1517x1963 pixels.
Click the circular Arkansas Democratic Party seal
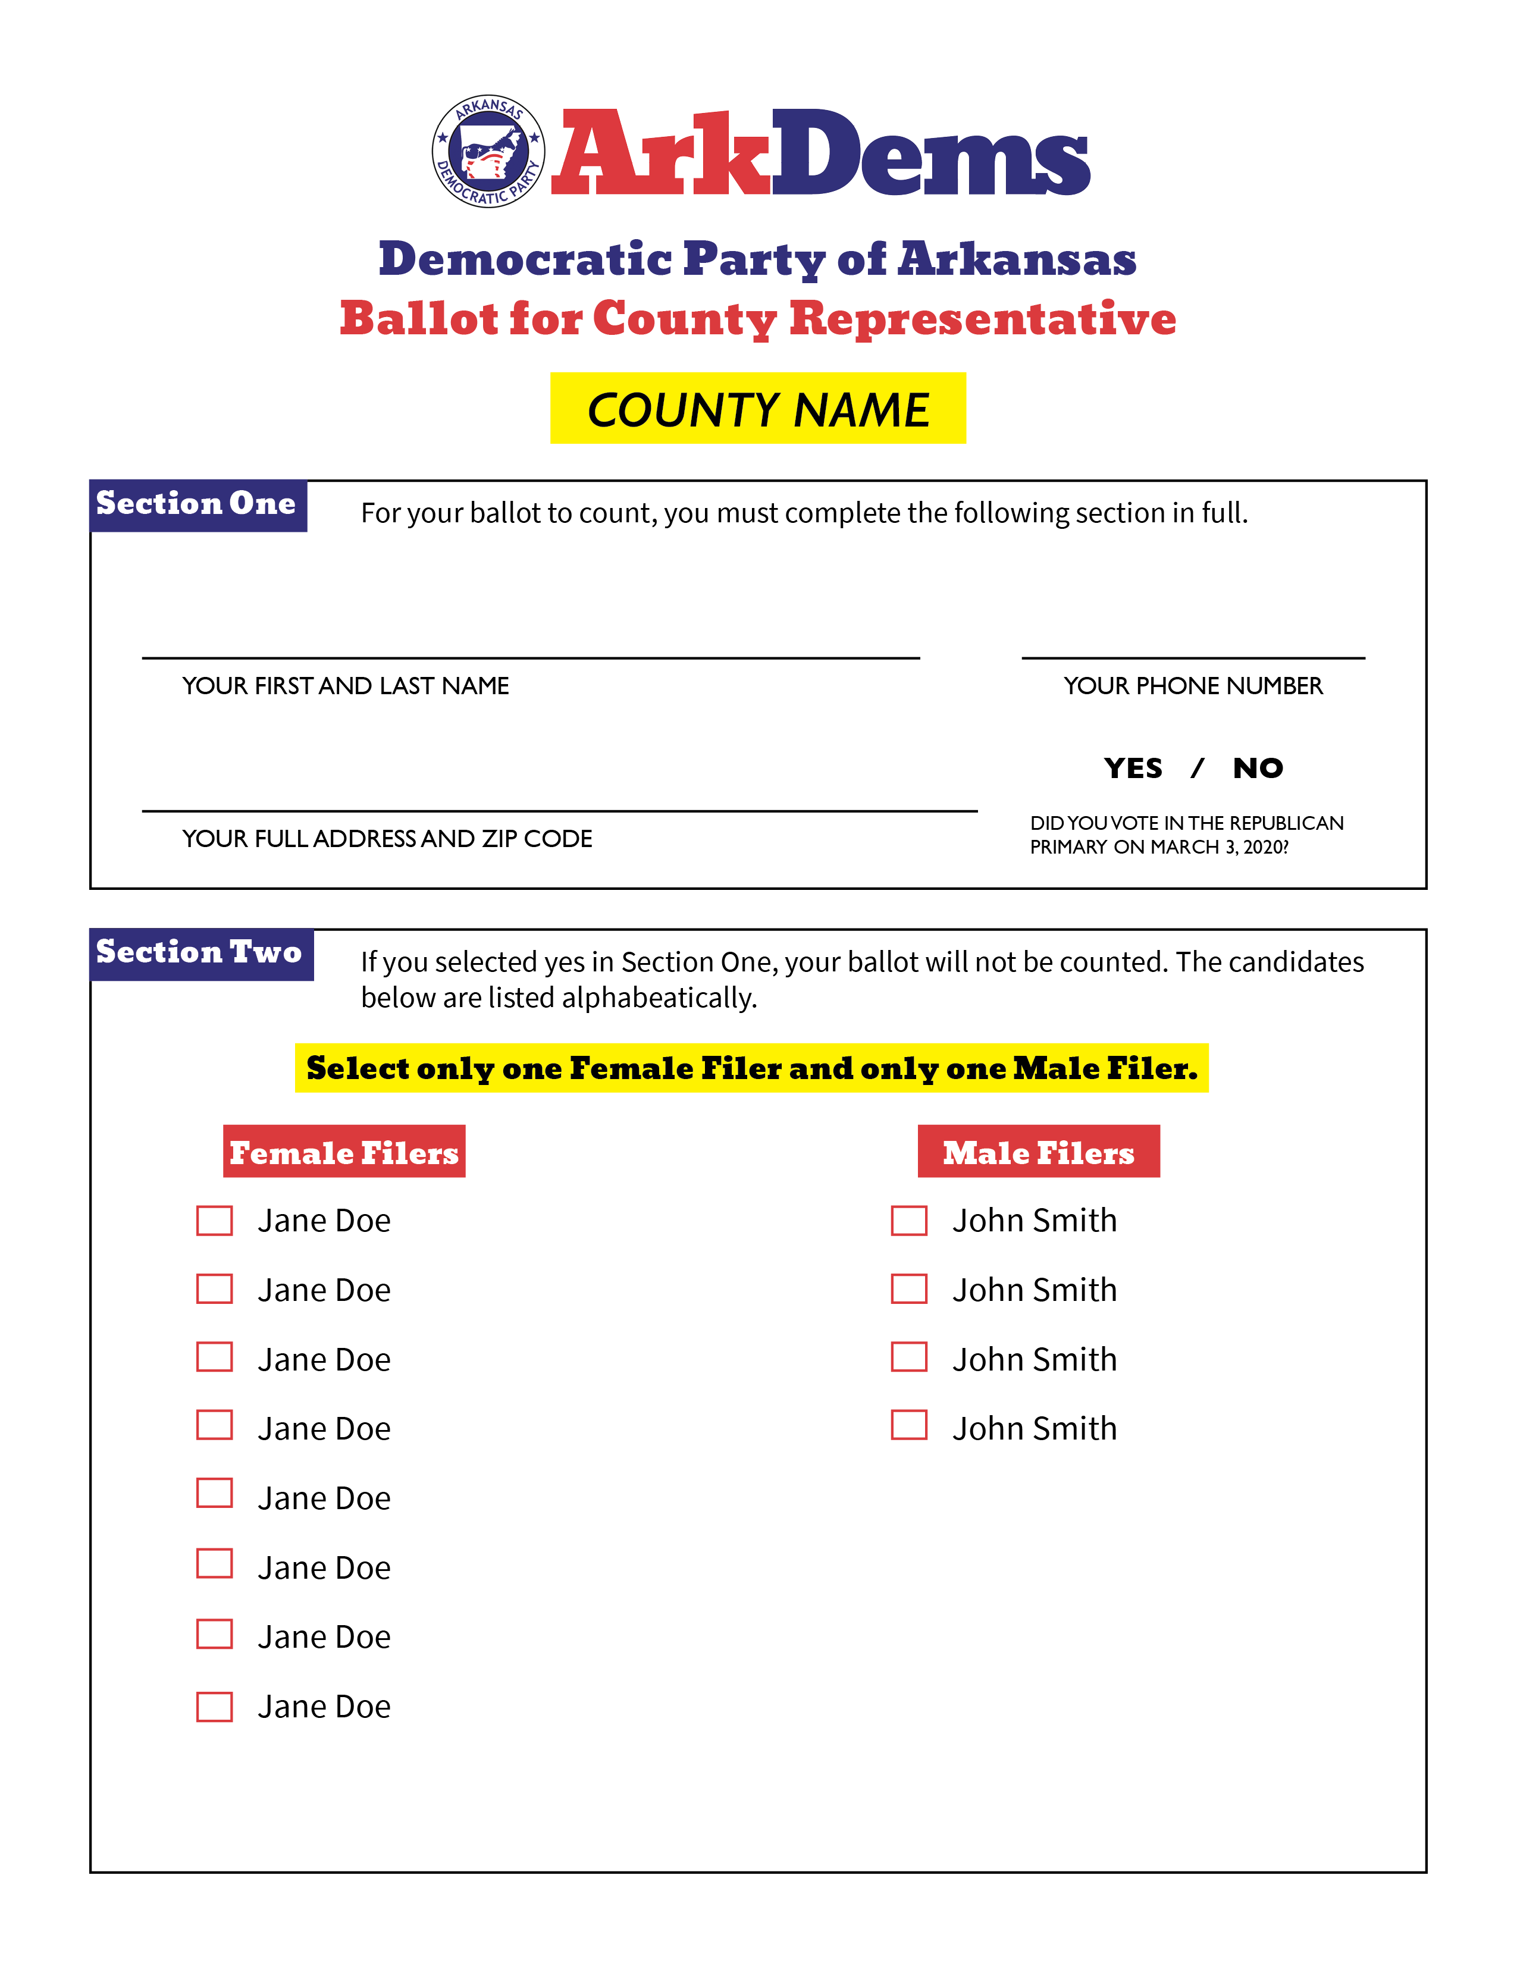(x=488, y=151)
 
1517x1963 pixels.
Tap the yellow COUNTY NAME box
(x=757, y=408)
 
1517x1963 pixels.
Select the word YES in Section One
(x=1133, y=769)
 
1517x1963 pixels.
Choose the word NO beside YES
(x=1258, y=769)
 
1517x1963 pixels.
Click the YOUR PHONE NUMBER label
(x=1193, y=686)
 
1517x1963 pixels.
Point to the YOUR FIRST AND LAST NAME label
(x=346, y=686)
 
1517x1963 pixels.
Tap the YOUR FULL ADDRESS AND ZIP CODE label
(x=387, y=839)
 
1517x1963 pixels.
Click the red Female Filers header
(x=344, y=1152)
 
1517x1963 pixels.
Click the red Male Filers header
(x=1039, y=1152)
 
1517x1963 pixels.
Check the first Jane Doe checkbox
(x=215, y=1221)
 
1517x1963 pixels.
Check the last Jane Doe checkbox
(x=215, y=1707)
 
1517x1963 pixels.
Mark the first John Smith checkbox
(x=910, y=1221)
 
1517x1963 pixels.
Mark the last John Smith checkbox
(x=910, y=1425)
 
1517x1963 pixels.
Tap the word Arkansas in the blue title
(x=1017, y=259)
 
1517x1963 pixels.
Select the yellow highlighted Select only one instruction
(x=752, y=1068)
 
